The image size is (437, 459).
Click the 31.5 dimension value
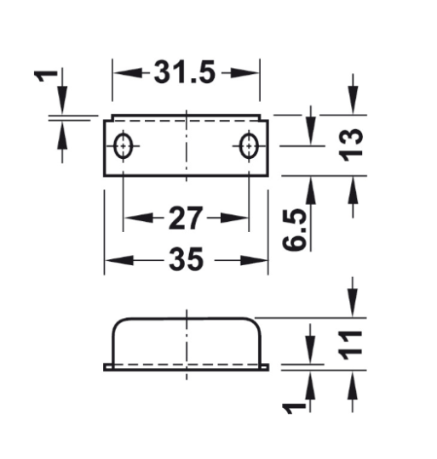pos(185,73)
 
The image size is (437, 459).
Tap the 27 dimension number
pos(186,218)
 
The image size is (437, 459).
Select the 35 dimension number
pos(186,260)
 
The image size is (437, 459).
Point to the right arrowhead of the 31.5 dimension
pos(252,73)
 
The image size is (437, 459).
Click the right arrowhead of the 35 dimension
pos(261,260)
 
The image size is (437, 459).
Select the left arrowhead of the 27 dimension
pos(131,218)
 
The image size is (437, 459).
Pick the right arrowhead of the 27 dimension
pos(241,218)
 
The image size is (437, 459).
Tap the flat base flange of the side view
pos(186,367)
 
